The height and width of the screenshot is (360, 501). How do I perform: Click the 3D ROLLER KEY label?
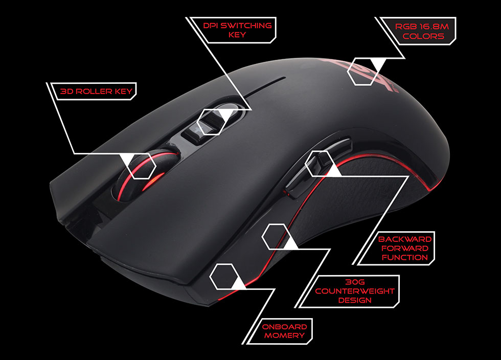click(96, 92)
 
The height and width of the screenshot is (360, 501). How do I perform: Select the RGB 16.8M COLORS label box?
click(419, 31)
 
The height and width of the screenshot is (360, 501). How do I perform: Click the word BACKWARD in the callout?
click(405, 239)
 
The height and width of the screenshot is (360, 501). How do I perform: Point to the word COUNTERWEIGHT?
click(355, 291)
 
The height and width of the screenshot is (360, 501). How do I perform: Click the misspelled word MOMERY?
click(284, 335)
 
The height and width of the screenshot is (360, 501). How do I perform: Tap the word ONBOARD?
click(284, 327)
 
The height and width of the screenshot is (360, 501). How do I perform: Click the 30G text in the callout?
click(355, 282)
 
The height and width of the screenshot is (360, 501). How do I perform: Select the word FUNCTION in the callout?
click(405, 257)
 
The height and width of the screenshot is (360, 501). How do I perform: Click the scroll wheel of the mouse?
click(145, 174)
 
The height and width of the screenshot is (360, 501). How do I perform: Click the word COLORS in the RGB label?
click(423, 36)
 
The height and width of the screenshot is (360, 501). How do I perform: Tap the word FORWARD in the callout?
click(405, 249)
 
